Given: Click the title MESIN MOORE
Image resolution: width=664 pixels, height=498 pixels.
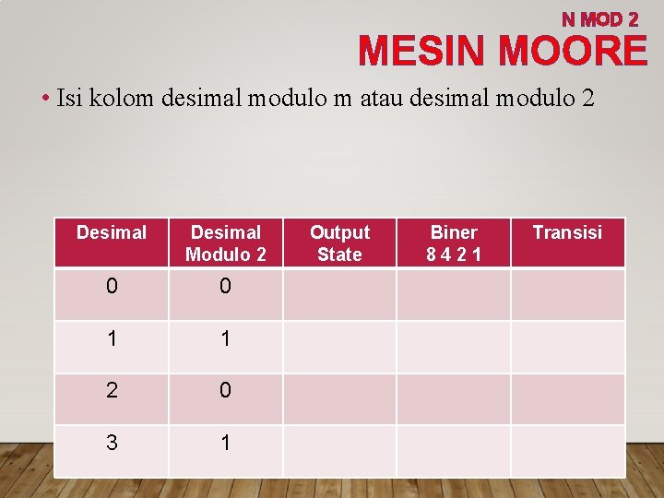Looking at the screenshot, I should (503, 51).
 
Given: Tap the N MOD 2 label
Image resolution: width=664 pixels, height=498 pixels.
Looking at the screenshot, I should (600, 18).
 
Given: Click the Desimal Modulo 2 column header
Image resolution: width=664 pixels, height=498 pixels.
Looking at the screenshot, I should (225, 243).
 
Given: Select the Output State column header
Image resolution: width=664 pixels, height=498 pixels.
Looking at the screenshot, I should (339, 243).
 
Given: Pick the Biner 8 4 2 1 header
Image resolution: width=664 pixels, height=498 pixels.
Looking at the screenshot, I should (454, 243).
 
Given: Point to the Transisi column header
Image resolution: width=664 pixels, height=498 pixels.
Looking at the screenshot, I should (567, 233).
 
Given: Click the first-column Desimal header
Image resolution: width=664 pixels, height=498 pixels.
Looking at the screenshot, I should (112, 233).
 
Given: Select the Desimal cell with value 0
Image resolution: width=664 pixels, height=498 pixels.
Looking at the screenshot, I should (112, 287).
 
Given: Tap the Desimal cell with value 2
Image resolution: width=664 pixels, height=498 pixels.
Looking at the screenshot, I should (112, 391).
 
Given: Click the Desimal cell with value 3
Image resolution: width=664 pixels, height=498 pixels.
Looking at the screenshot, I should (112, 444).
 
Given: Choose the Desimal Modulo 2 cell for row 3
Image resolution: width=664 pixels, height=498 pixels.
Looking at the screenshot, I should (225, 444).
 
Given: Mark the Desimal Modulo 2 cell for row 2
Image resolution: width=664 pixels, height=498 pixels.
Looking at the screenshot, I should (225, 391).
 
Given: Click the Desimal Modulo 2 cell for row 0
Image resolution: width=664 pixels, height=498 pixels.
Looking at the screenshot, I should (225, 287).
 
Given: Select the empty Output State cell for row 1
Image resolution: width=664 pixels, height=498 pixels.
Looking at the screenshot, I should (339, 339).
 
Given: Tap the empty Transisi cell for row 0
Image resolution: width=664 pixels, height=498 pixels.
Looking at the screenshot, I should (567, 293).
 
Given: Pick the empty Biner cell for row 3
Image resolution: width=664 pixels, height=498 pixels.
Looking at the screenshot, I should (454, 450).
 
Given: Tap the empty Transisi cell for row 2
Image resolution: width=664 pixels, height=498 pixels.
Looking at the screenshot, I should (567, 398).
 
